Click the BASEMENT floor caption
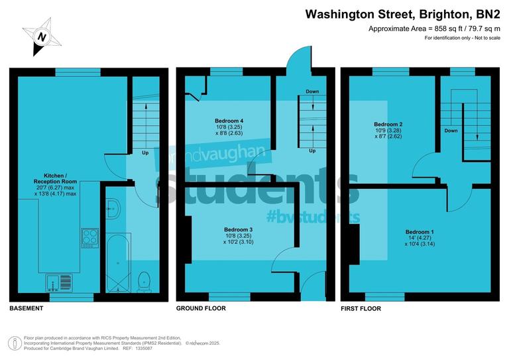click(x=27, y=308)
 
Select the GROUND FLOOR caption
click(x=201, y=308)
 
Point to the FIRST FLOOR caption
click(x=361, y=308)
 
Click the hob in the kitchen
click(x=89, y=237)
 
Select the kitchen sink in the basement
click(x=60, y=283)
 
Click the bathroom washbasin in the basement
click(x=114, y=206)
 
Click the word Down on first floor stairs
click(x=451, y=131)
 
